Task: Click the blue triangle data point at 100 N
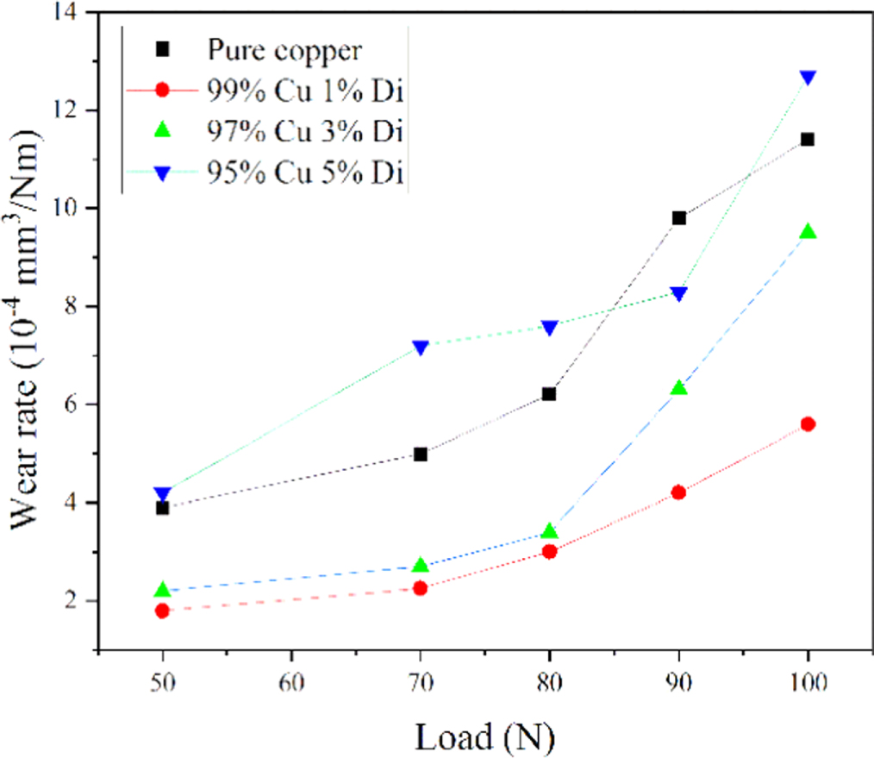point(808,78)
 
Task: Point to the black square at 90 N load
point(678,218)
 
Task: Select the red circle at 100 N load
point(808,423)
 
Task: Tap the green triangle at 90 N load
point(678,388)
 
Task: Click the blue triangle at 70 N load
point(421,347)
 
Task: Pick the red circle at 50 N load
point(162,611)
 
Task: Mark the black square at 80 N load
point(549,394)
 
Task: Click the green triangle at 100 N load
point(808,231)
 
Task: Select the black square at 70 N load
point(421,454)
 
